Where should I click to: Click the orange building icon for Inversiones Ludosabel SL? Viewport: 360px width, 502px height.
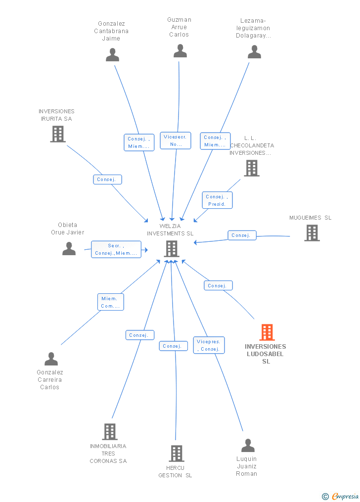pyautogui.click(x=267, y=332)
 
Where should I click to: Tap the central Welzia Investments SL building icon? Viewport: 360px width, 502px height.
pyautogui.click(x=172, y=249)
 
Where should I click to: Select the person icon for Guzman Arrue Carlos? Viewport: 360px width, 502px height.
pyautogui.click(x=180, y=51)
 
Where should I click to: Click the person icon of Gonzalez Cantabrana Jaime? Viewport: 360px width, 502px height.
pyautogui.click(x=113, y=55)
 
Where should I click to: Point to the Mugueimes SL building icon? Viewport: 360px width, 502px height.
pyautogui.click(x=312, y=233)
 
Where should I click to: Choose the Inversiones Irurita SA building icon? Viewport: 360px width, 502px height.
pyautogui.click(x=58, y=134)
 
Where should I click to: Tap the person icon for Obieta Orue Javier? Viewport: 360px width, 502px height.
pyautogui.click(x=69, y=248)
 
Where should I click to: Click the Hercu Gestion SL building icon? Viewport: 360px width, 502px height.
pyautogui.click(x=177, y=453)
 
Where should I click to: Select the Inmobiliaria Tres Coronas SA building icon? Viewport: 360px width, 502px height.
pyautogui.click(x=110, y=432)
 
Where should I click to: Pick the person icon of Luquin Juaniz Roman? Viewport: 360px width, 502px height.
pyautogui.click(x=248, y=446)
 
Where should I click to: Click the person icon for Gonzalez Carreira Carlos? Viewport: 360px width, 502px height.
pyautogui.click(x=51, y=359)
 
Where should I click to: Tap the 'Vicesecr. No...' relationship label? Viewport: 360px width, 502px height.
pyautogui.click(x=176, y=140)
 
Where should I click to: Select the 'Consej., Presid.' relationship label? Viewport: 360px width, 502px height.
pyautogui.click(x=217, y=200)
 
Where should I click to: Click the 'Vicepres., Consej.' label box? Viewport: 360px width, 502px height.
pyautogui.click(x=209, y=345)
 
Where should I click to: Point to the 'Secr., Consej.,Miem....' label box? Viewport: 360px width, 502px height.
pyautogui.click(x=116, y=249)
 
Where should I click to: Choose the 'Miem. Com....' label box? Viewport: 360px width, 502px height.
pyautogui.click(x=110, y=302)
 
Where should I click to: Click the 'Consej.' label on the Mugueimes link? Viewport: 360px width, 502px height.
pyautogui.click(x=242, y=235)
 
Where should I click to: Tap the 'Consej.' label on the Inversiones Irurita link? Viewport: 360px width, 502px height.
pyautogui.click(x=107, y=180)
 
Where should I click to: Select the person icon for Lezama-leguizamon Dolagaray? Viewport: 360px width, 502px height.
pyautogui.click(x=254, y=52)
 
